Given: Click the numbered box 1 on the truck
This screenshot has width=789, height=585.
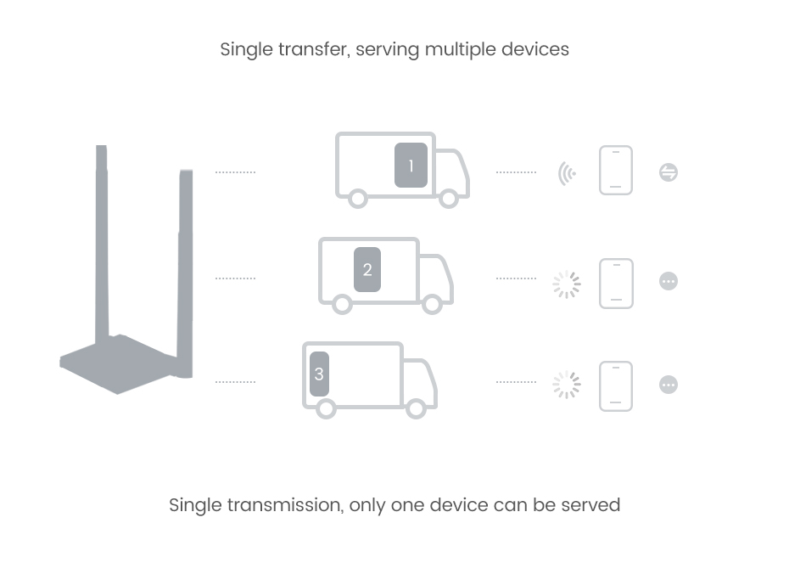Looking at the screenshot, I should pyautogui.click(x=411, y=166).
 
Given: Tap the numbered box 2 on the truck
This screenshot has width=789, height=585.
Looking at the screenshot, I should pyautogui.click(x=367, y=270).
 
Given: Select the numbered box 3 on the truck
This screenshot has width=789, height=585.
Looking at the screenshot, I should pyautogui.click(x=319, y=374).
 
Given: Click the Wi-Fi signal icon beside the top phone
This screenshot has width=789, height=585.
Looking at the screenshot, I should pyautogui.click(x=567, y=173).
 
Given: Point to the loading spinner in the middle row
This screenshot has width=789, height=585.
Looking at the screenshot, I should pyautogui.click(x=567, y=284).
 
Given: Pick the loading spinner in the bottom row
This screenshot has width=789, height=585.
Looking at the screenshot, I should pyautogui.click(x=567, y=385).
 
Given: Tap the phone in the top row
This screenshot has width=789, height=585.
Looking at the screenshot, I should pyautogui.click(x=616, y=171).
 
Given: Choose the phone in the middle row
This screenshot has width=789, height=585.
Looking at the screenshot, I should pyautogui.click(x=616, y=283).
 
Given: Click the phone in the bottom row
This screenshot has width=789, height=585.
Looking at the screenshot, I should pyautogui.click(x=616, y=386).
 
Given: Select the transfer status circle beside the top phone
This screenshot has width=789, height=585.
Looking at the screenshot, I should pyautogui.click(x=669, y=173).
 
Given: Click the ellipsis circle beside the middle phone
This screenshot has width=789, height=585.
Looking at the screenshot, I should pyautogui.click(x=669, y=281).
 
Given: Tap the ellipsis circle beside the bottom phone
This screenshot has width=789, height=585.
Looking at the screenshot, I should pyautogui.click(x=669, y=385).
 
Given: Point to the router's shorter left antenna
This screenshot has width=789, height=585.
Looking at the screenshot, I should pyautogui.click(x=103, y=238).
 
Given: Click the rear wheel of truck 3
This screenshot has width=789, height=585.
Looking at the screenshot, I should pyautogui.click(x=325, y=408).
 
